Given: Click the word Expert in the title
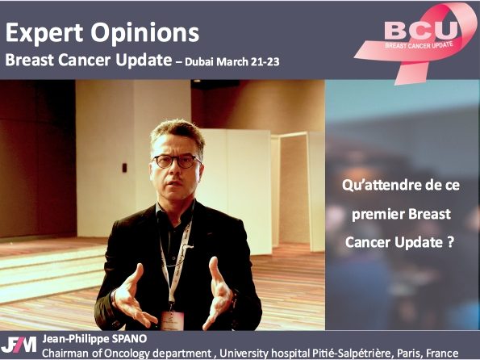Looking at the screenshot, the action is click(x=44, y=33).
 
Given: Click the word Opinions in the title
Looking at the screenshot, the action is click(x=144, y=33).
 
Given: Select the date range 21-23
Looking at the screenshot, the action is click(x=265, y=62).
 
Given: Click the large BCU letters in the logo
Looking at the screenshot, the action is click(x=421, y=30).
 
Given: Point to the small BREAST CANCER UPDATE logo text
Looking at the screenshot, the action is click(x=419, y=45).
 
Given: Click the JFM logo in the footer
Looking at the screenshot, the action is click(x=19, y=345).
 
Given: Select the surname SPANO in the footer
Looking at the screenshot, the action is click(x=130, y=339).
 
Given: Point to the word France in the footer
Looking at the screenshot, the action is click(x=442, y=354).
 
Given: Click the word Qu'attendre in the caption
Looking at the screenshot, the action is click(x=380, y=186).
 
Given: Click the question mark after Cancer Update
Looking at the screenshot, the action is click(x=450, y=242).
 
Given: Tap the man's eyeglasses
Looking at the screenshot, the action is click(x=177, y=161).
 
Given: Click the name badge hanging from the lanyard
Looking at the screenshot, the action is click(x=173, y=320).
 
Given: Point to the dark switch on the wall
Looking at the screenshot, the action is click(x=124, y=168).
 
